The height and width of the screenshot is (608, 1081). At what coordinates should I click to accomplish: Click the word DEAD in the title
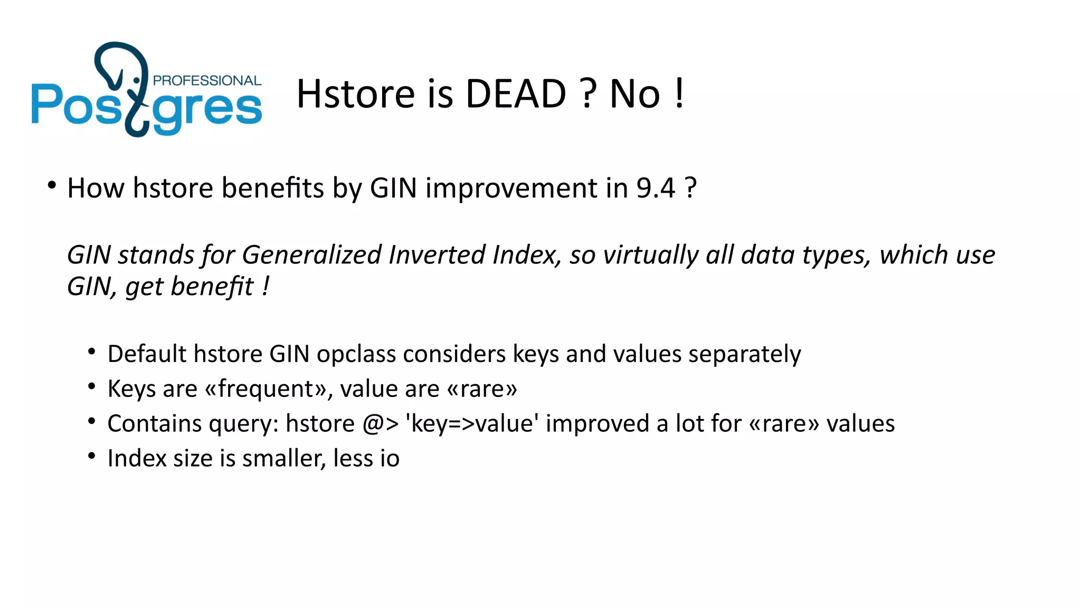point(516,94)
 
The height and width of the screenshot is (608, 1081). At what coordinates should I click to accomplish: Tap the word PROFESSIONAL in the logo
point(207,81)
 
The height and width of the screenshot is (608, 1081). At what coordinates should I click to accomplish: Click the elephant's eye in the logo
point(137,80)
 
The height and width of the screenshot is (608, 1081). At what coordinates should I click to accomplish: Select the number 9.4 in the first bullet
point(656,188)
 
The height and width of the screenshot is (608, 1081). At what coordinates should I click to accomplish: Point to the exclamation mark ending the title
point(679,93)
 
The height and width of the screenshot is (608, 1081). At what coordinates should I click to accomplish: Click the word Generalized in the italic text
point(311,255)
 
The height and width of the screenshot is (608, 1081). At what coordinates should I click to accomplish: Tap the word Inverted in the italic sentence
point(437,255)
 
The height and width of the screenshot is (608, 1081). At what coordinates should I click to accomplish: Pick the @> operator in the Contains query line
point(380,424)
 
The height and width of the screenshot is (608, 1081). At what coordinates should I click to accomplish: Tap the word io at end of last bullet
point(390,458)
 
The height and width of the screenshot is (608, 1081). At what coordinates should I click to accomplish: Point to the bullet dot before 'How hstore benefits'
point(51,185)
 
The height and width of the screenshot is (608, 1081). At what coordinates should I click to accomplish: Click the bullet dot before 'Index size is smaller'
point(92,455)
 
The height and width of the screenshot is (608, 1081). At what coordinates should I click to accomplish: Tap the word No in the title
point(635,94)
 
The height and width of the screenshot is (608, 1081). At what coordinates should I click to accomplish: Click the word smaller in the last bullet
point(284,458)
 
